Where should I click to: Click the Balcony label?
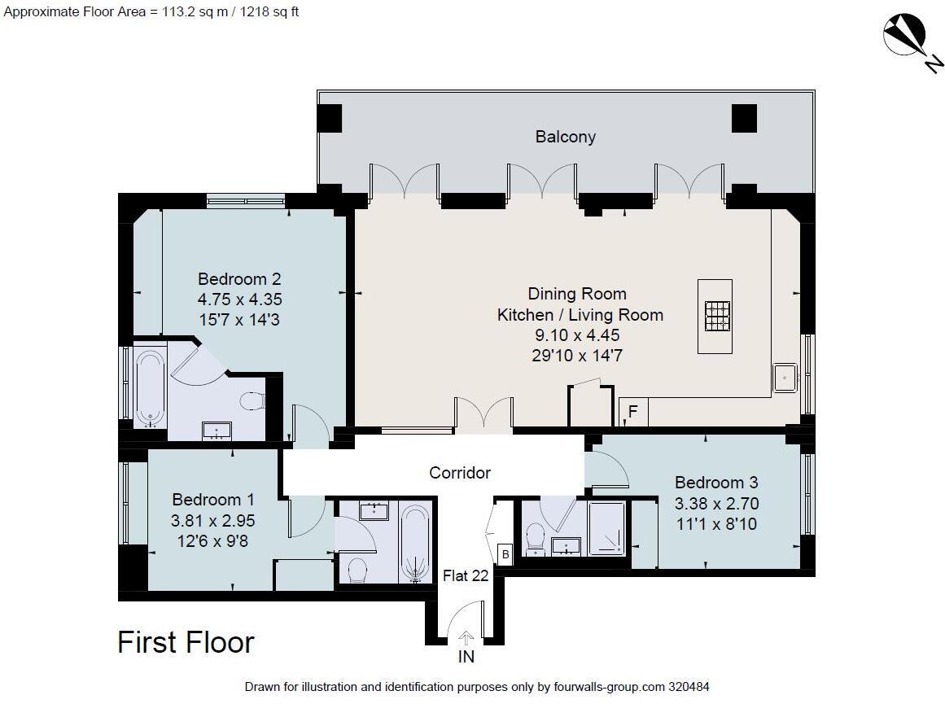click(x=565, y=137)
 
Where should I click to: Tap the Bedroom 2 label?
click(x=239, y=280)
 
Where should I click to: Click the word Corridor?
click(x=460, y=473)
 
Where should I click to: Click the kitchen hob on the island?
click(x=715, y=317)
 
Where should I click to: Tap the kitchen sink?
click(x=785, y=378)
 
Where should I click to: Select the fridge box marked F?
click(x=632, y=413)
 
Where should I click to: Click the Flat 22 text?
click(x=466, y=576)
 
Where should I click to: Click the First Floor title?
click(x=186, y=642)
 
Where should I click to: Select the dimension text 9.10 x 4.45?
click(x=580, y=335)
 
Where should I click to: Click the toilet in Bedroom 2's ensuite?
click(x=254, y=401)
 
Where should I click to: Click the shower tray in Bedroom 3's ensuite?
click(x=607, y=528)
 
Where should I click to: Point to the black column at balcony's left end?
click(x=330, y=119)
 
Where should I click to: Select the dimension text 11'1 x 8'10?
click(x=715, y=524)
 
